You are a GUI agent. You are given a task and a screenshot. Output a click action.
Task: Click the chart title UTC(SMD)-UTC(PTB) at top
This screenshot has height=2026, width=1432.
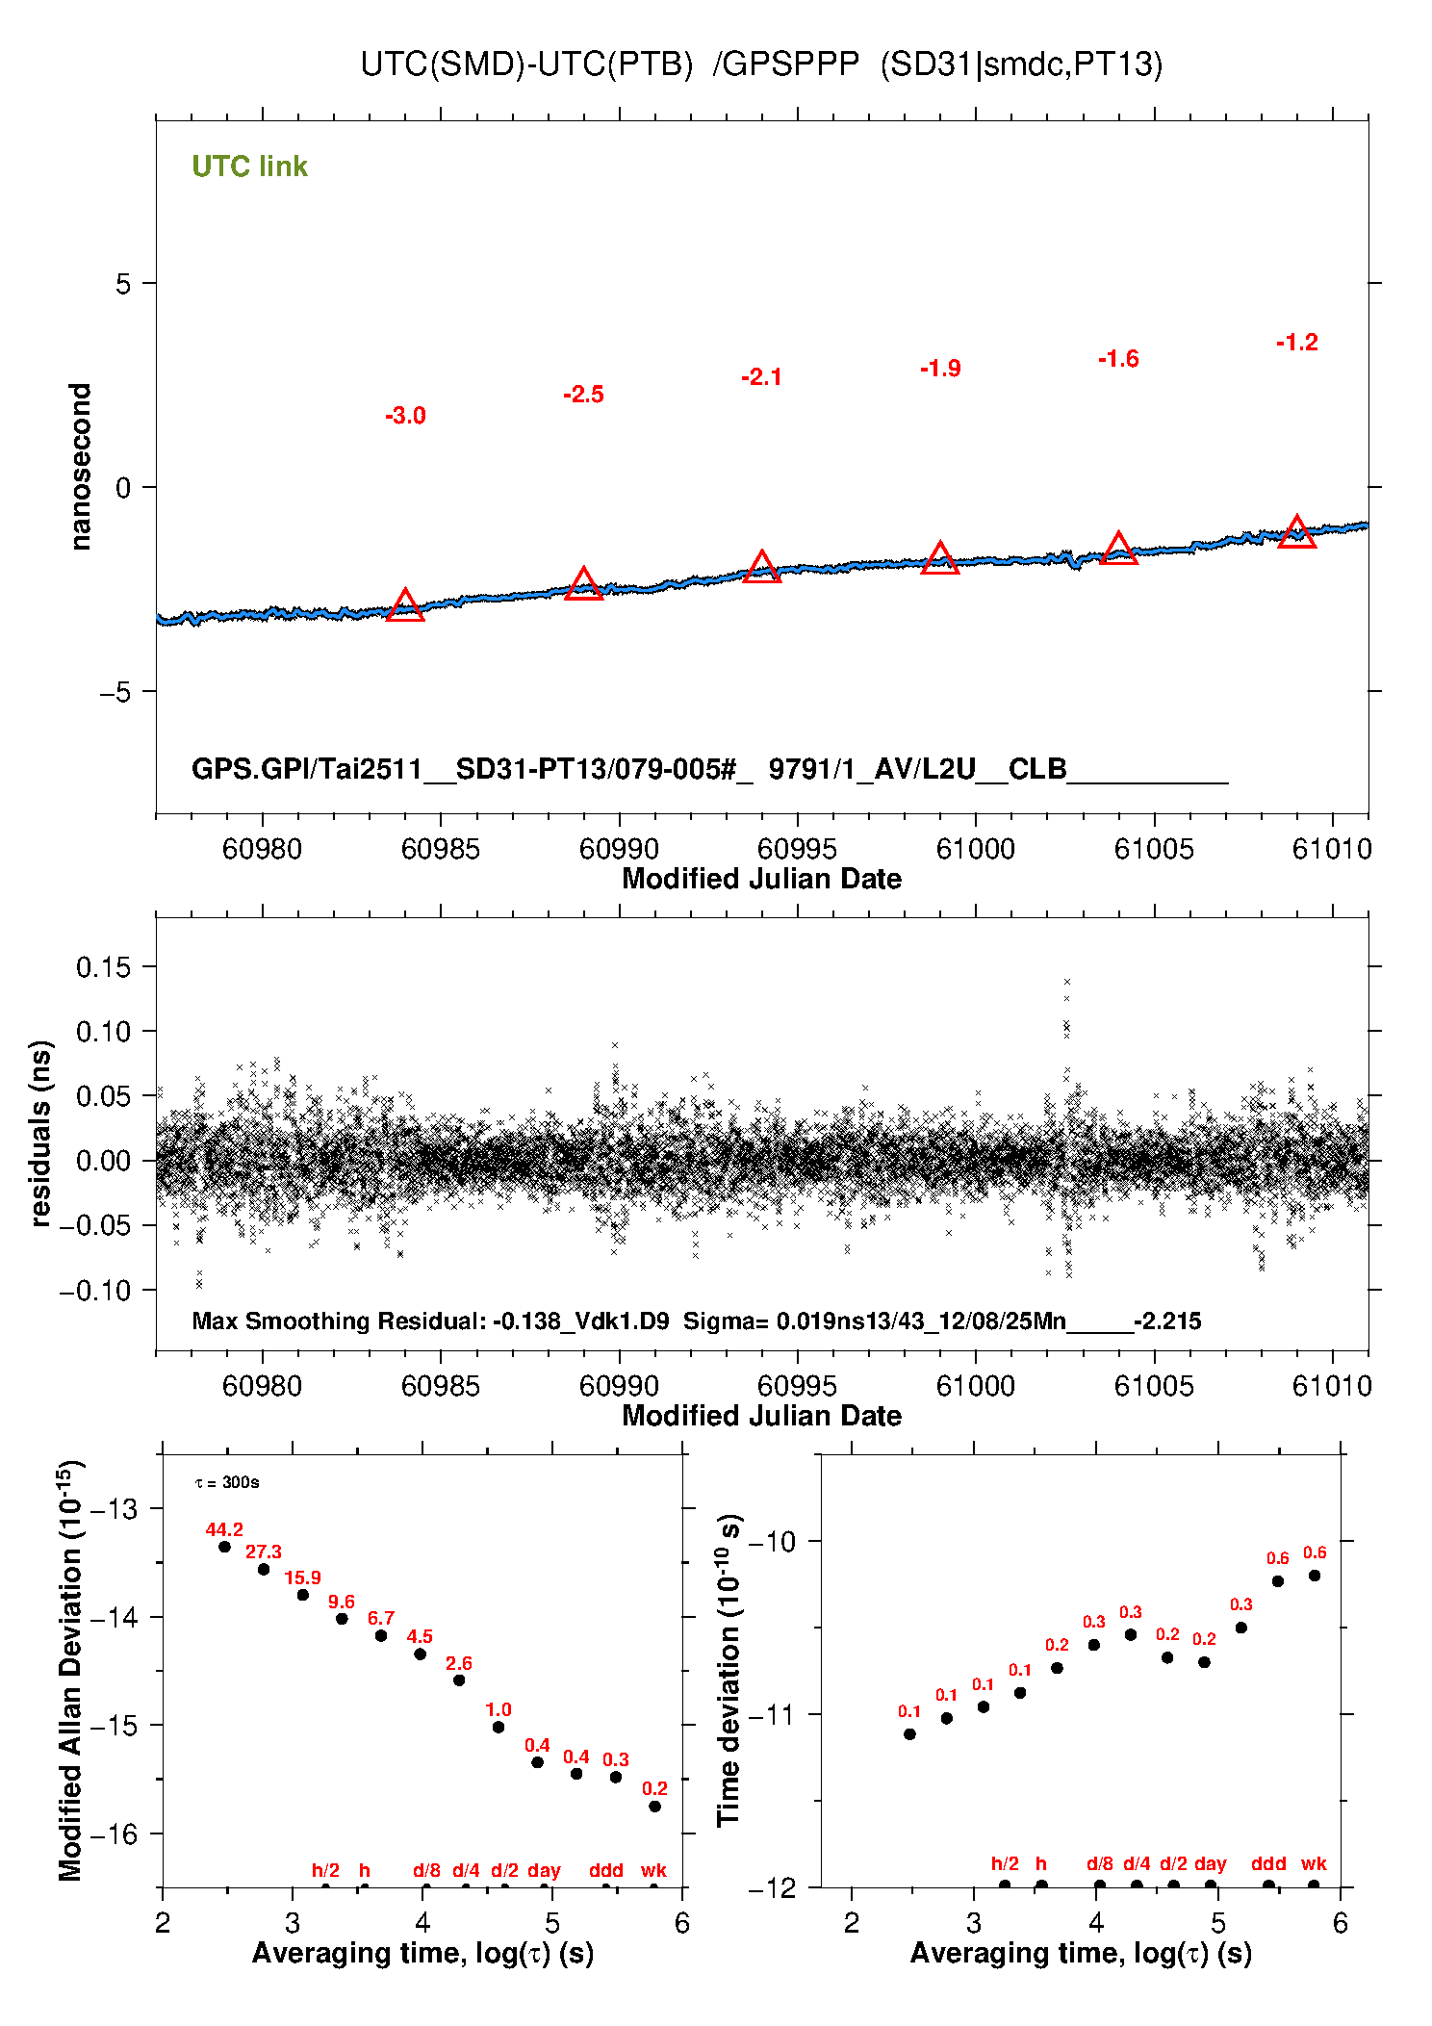click(526, 64)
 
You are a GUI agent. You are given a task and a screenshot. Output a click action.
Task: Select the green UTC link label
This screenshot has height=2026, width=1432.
click(249, 167)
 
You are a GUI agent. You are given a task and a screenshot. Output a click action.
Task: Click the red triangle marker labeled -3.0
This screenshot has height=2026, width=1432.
click(405, 606)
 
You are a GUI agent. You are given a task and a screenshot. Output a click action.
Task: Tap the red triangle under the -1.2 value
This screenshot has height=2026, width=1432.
click(1296, 532)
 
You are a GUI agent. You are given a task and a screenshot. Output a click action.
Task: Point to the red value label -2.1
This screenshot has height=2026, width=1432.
click(761, 377)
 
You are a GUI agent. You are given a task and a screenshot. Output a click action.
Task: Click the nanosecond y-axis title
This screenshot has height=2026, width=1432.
click(81, 467)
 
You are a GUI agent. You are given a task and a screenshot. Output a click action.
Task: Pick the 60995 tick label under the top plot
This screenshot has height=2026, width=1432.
click(797, 849)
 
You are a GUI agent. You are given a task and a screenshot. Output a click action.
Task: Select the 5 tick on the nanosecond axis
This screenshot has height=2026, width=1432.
click(122, 284)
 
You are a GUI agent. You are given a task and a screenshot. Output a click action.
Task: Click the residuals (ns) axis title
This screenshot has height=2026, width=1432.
click(40, 1133)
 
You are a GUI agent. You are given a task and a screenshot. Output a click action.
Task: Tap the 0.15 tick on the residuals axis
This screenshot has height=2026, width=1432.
click(103, 967)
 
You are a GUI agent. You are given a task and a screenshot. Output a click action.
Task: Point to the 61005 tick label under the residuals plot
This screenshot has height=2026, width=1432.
click(1154, 1386)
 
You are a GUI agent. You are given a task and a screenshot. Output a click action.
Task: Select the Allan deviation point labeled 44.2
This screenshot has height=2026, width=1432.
click(224, 1547)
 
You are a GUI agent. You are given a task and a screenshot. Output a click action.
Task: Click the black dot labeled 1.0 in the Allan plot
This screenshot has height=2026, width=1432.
click(499, 1727)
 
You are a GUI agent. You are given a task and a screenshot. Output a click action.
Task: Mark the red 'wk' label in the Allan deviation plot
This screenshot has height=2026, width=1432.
click(653, 1870)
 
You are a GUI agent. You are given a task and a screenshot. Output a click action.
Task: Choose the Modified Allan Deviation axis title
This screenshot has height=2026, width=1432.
click(71, 1671)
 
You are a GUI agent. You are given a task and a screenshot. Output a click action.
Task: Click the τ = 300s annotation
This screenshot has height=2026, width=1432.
click(227, 1482)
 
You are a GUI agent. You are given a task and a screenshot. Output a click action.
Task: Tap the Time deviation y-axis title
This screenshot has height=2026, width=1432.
click(729, 1670)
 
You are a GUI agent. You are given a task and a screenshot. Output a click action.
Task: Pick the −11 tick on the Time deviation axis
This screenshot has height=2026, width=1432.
click(773, 1714)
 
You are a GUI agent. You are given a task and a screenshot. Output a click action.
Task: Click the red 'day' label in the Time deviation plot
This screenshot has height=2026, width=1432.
click(1210, 1863)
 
